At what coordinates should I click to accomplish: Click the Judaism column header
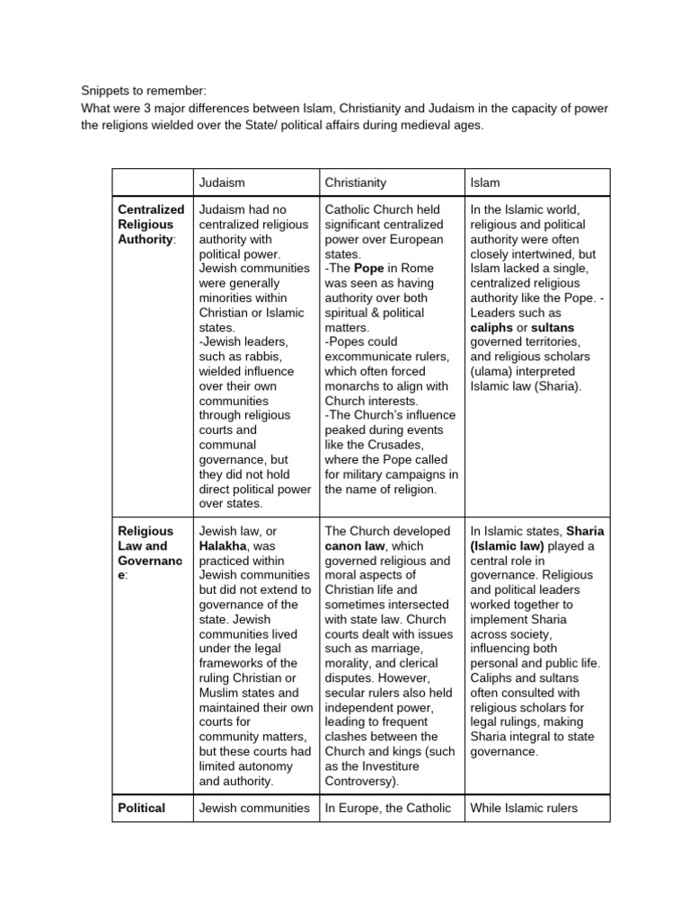point(221,182)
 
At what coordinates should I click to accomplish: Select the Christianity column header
point(355,182)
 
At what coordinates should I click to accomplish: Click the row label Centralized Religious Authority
point(151,225)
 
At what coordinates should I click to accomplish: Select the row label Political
point(142,808)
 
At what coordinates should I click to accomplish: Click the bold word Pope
point(368,269)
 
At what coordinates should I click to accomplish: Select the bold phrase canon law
point(355,546)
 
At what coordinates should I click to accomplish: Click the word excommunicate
point(369,357)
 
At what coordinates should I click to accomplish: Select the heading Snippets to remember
point(144,91)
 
